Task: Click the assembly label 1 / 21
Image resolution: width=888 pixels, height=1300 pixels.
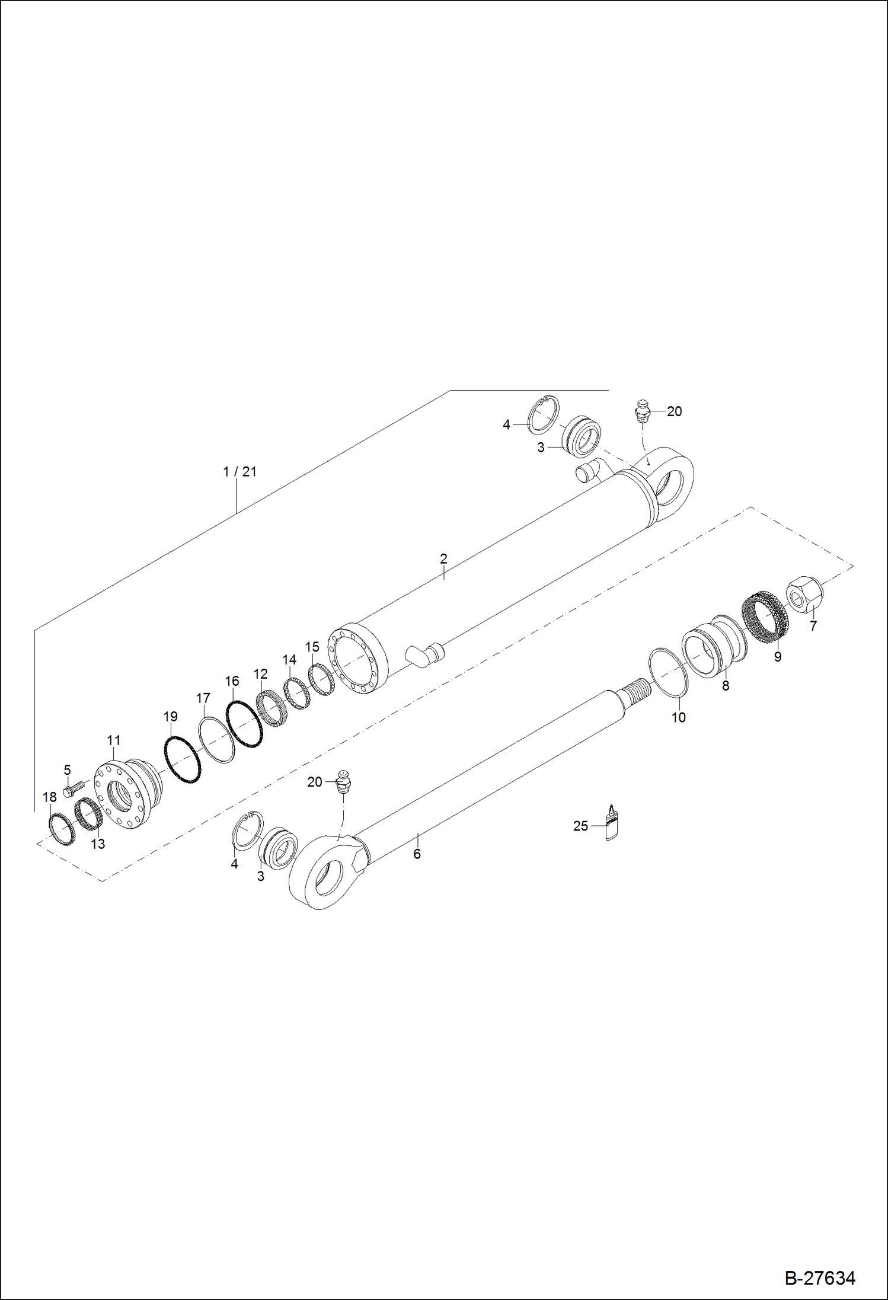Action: click(239, 472)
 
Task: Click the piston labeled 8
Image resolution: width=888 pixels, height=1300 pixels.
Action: click(714, 646)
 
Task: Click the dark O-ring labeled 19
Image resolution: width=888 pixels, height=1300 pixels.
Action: click(181, 759)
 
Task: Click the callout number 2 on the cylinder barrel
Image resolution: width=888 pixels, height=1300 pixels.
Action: click(443, 558)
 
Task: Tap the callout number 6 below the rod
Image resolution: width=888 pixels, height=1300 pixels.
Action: click(417, 854)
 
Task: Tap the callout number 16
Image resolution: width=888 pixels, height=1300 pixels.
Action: click(232, 681)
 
